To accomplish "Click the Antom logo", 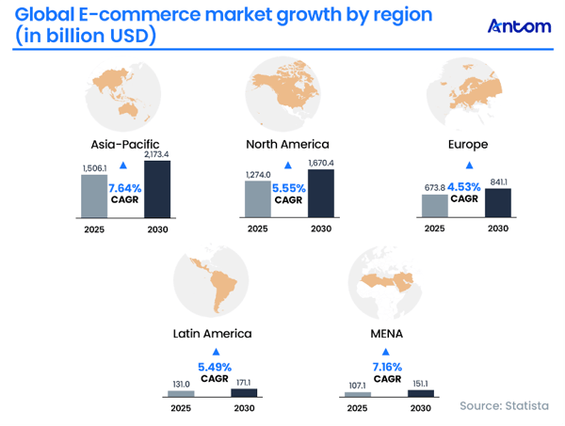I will [520, 26].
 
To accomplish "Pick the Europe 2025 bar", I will [435, 205].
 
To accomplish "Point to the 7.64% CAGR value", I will [125, 187].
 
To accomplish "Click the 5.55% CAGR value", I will [288, 187].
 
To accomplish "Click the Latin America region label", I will [212, 333].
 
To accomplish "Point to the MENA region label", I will [387, 333].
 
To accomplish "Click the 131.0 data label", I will [180, 383].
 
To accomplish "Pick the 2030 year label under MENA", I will [418, 410].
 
